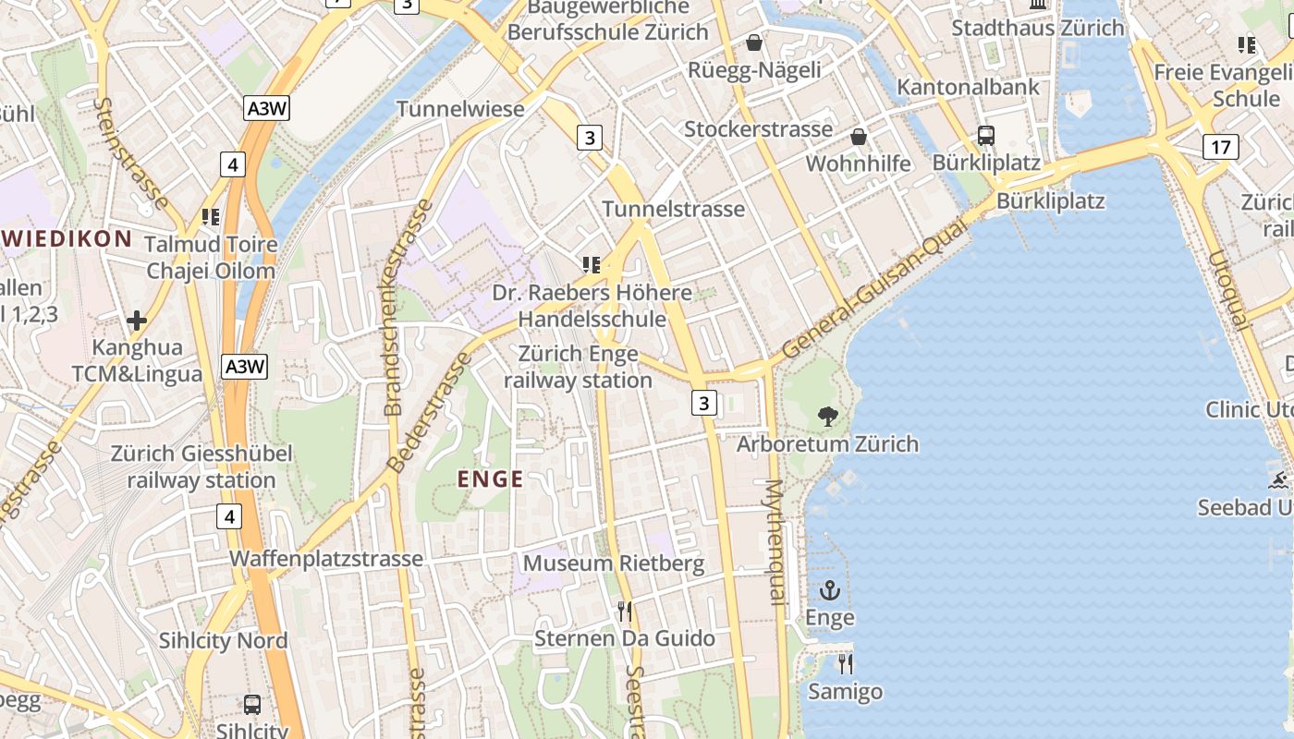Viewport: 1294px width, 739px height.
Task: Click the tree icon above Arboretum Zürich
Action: click(x=828, y=417)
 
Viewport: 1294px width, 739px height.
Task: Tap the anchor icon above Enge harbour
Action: click(x=830, y=590)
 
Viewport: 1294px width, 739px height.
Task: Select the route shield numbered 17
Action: click(x=1221, y=146)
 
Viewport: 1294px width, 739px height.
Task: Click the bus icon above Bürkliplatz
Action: click(x=986, y=136)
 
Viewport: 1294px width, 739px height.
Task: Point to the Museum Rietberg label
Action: click(x=614, y=563)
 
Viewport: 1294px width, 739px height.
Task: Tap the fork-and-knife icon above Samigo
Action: click(x=845, y=663)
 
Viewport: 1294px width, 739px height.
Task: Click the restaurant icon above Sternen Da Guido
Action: click(x=625, y=611)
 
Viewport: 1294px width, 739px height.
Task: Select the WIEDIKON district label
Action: click(x=67, y=238)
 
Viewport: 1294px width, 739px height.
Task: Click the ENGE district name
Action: click(x=491, y=479)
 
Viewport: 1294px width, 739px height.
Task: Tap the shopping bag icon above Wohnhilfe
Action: click(x=859, y=137)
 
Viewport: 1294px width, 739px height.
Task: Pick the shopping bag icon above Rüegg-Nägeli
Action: click(x=754, y=42)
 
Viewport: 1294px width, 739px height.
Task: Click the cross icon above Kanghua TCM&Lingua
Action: click(x=137, y=321)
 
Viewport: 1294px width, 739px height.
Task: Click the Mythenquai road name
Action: click(x=775, y=542)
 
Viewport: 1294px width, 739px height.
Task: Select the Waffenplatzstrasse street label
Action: click(x=326, y=558)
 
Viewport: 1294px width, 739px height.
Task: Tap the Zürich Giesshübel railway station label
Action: click(x=201, y=466)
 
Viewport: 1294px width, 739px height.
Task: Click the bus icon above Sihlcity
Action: click(x=252, y=704)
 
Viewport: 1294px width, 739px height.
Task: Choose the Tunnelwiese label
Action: click(x=460, y=109)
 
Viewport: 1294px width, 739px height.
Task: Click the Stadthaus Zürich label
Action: click(x=1038, y=28)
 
